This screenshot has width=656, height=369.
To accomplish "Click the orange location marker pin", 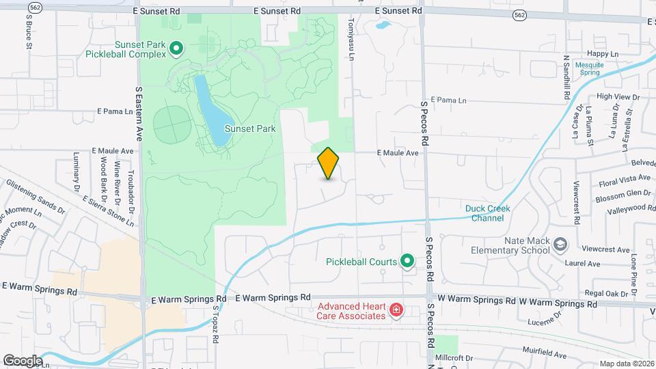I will [328, 163].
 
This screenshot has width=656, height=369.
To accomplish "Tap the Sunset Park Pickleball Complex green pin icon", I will [176, 48].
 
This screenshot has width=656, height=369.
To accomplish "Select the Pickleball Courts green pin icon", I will [407, 260].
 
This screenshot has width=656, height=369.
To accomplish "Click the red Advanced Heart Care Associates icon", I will [395, 312].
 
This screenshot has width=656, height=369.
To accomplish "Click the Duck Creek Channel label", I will [488, 213].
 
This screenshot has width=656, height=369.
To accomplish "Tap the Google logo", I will [23, 360].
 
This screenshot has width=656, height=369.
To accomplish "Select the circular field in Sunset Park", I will [171, 124].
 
